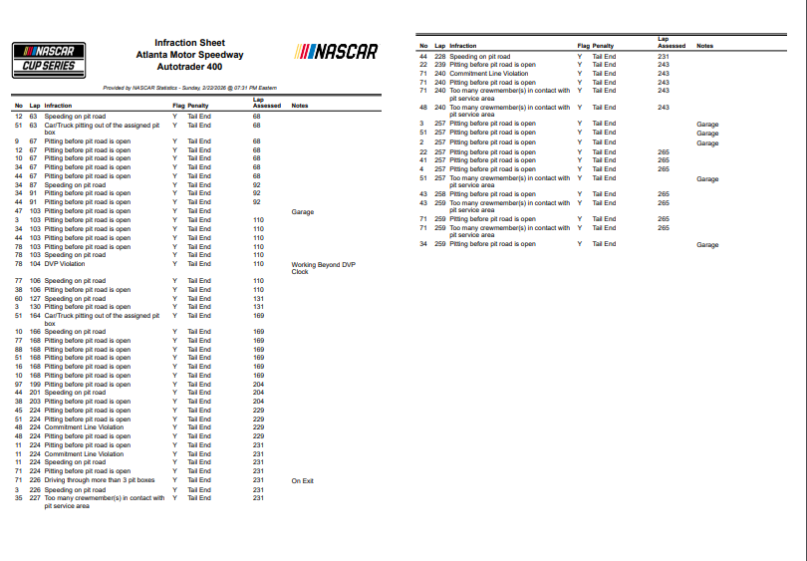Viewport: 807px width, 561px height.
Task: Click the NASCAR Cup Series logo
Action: (x=48, y=59)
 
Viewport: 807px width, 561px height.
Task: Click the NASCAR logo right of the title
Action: (x=337, y=52)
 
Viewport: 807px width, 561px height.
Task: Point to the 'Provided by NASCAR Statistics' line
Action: (x=189, y=88)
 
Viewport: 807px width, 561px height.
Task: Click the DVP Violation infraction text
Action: (x=65, y=264)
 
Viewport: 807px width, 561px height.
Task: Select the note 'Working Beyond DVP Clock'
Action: (x=322, y=267)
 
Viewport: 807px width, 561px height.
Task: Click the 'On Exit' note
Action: (x=302, y=480)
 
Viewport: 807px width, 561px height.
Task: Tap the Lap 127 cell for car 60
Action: (x=34, y=298)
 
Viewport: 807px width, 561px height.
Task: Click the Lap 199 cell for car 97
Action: (x=34, y=384)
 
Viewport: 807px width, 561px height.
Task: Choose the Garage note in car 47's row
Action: (x=302, y=212)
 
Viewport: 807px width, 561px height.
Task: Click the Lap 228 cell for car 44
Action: (x=439, y=57)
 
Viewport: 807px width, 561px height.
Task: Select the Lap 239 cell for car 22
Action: (x=439, y=65)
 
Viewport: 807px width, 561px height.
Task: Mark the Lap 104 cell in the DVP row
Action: (x=34, y=264)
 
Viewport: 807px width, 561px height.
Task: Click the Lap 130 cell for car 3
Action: (x=34, y=307)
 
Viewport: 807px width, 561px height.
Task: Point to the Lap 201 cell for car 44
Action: (x=34, y=393)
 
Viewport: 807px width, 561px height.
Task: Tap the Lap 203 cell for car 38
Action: (x=34, y=402)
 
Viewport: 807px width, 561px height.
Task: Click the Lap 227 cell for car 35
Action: (x=34, y=498)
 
